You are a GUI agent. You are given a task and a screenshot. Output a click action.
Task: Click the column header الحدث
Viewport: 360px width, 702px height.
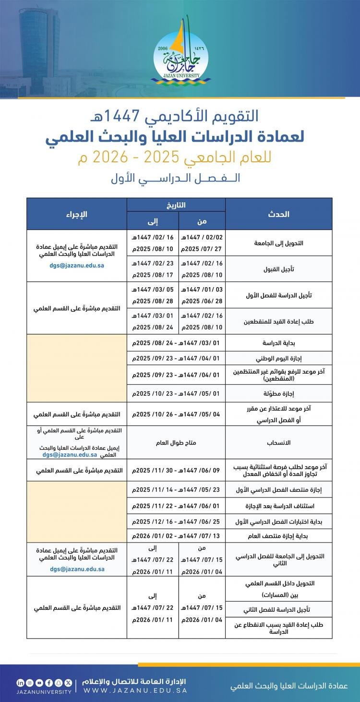coord(278,214)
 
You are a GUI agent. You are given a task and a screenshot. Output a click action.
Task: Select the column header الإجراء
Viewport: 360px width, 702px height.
coord(76,214)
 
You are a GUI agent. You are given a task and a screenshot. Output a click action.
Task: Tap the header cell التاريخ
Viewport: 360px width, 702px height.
coord(176,205)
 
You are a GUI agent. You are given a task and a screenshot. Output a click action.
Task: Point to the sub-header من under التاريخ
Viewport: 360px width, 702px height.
coord(202,221)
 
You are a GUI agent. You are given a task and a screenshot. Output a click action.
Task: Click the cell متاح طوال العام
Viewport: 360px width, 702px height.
coord(176,443)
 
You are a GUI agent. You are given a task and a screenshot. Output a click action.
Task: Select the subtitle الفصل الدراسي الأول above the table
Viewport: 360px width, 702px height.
coord(176,178)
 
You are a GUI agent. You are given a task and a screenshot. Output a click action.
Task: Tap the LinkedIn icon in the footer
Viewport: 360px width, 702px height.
coord(20,682)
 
